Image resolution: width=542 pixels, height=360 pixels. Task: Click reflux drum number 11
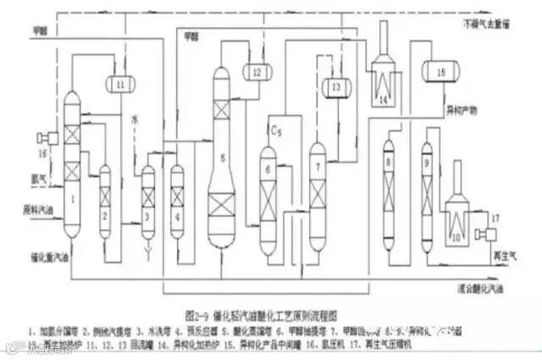pyautogui.click(x=119, y=84)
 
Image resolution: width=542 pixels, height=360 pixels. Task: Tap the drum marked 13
pyautogui.click(x=336, y=86)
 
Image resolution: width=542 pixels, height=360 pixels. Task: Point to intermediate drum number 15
pyautogui.click(x=440, y=73)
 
